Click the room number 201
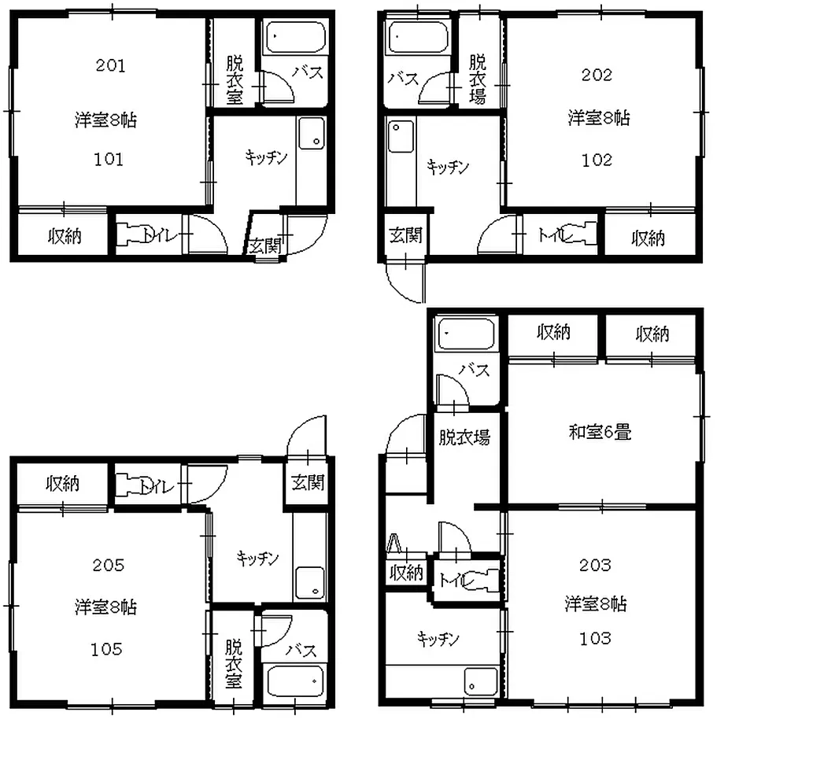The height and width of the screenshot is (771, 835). pyautogui.click(x=111, y=65)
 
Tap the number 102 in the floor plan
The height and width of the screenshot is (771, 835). pyautogui.click(x=597, y=160)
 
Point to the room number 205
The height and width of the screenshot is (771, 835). pyautogui.click(x=108, y=565)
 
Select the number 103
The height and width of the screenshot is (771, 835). pyautogui.click(x=596, y=638)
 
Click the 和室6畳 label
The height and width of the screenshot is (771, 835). pyautogui.click(x=600, y=432)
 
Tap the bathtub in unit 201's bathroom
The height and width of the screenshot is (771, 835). pyautogui.click(x=295, y=37)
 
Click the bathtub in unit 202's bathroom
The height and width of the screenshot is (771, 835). pyautogui.click(x=419, y=37)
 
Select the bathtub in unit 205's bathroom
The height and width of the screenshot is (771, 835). pyautogui.click(x=294, y=681)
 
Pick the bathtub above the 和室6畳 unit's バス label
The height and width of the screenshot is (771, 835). pyautogui.click(x=466, y=334)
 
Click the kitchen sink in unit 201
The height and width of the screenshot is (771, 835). pyautogui.click(x=312, y=134)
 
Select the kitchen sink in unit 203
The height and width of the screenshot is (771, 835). pyautogui.click(x=481, y=681)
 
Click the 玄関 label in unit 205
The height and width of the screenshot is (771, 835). pyautogui.click(x=308, y=483)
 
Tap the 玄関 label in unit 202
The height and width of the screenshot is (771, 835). pyautogui.click(x=406, y=234)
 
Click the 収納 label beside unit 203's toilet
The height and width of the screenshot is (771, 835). pyautogui.click(x=406, y=573)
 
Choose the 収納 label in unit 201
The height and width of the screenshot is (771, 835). pyautogui.click(x=65, y=236)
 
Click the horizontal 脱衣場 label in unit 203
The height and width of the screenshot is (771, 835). pyautogui.click(x=464, y=437)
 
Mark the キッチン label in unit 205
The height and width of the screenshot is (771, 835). pyautogui.click(x=258, y=559)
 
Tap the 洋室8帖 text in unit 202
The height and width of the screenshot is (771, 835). pyautogui.click(x=599, y=118)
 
